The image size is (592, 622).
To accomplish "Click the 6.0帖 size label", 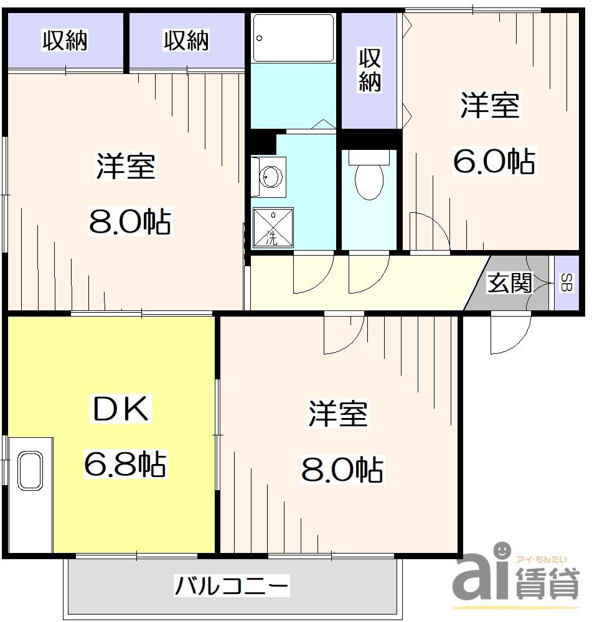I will point(493,162).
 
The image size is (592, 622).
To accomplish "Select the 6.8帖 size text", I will point(125,464).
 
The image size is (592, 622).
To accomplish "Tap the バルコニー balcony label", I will point(232,586).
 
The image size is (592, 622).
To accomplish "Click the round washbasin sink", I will point(270,176).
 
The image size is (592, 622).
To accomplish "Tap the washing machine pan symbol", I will point(273,226).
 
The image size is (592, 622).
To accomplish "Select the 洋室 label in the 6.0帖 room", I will point(490,105).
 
